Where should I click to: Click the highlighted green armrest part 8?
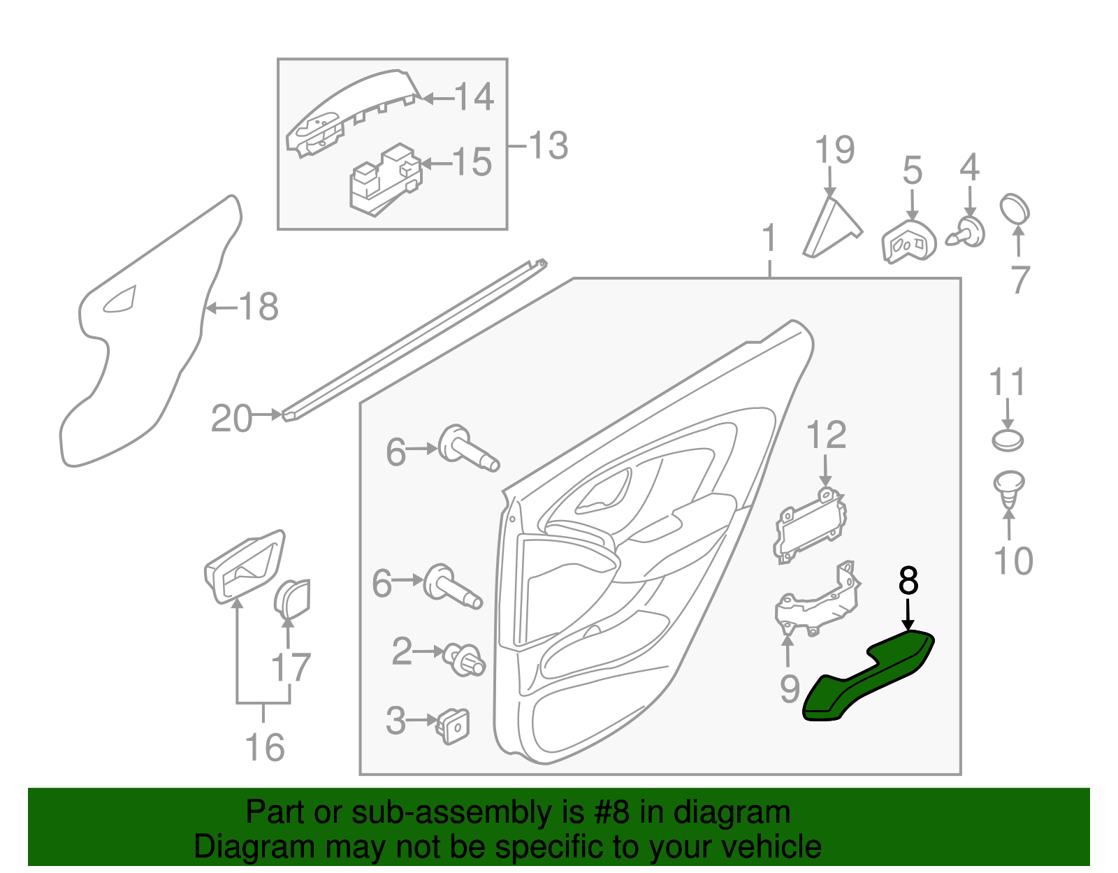pos(866,678)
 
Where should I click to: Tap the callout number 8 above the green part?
pos(908,580)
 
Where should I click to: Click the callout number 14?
pos(474,96)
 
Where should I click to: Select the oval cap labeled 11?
pos(1007,440)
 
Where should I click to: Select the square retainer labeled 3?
pos(453,726)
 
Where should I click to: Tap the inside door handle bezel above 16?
pos(245,565)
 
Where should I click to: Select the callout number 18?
pos(259,307)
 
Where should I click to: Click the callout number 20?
pos(231,419)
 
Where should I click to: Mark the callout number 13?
pos(548,146)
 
